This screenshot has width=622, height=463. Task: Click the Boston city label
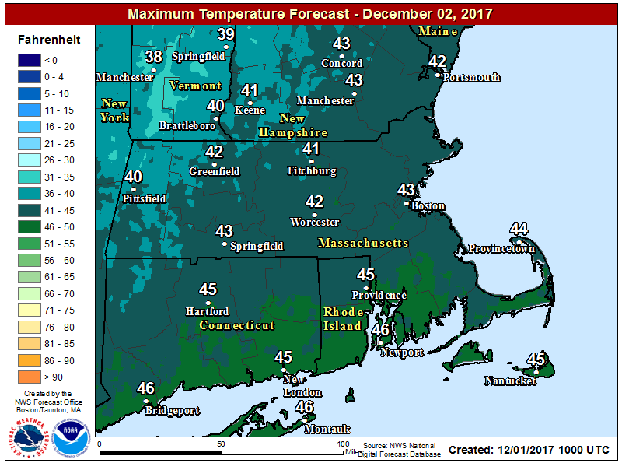click(x=428, y=206)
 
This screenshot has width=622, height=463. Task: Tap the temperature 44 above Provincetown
click(x=519, y=229)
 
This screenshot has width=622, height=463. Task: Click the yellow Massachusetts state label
click(x=363, y=244)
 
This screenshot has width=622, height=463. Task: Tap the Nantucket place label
click(x=510, y=381)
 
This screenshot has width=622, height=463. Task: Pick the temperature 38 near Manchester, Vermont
click(x=154, y=57)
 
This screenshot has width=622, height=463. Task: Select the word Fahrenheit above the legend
click(x=46, y=40)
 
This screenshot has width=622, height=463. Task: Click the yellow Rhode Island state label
click(x=343, y=318)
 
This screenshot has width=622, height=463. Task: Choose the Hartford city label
click(x=208, y=311)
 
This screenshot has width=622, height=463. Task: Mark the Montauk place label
click(x=327, y=430)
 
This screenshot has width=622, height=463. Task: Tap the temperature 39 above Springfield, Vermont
click(x=225, y=34)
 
